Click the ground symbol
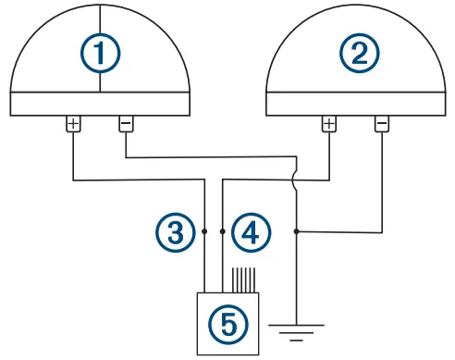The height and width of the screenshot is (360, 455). [x=296, y=329]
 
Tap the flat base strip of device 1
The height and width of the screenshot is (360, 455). [x=100, y=104]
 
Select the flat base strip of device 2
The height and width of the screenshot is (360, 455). [x=357, y=104]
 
